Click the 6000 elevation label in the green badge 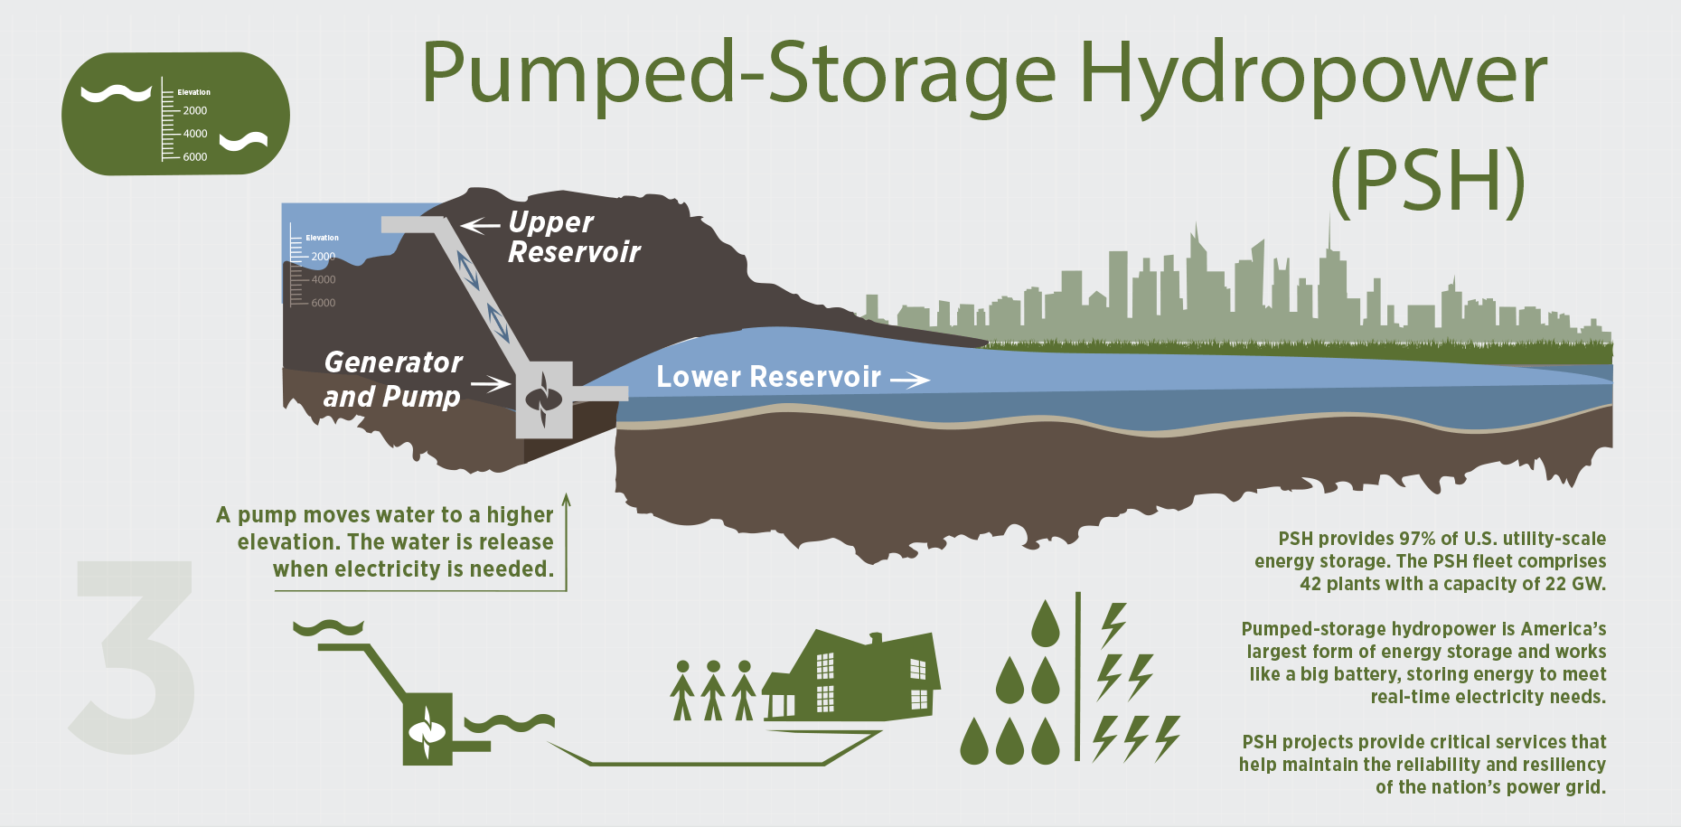click(194, 157)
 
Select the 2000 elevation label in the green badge click(194, 111)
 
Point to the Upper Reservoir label click(573, 237)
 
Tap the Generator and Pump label click(393, 380)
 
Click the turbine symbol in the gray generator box click(543, 399)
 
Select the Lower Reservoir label click(768, 377)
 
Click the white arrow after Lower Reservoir click(909, 381)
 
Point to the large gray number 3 click(134, 657)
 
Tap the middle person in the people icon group click(713, 691)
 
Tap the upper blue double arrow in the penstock click(468, 268)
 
